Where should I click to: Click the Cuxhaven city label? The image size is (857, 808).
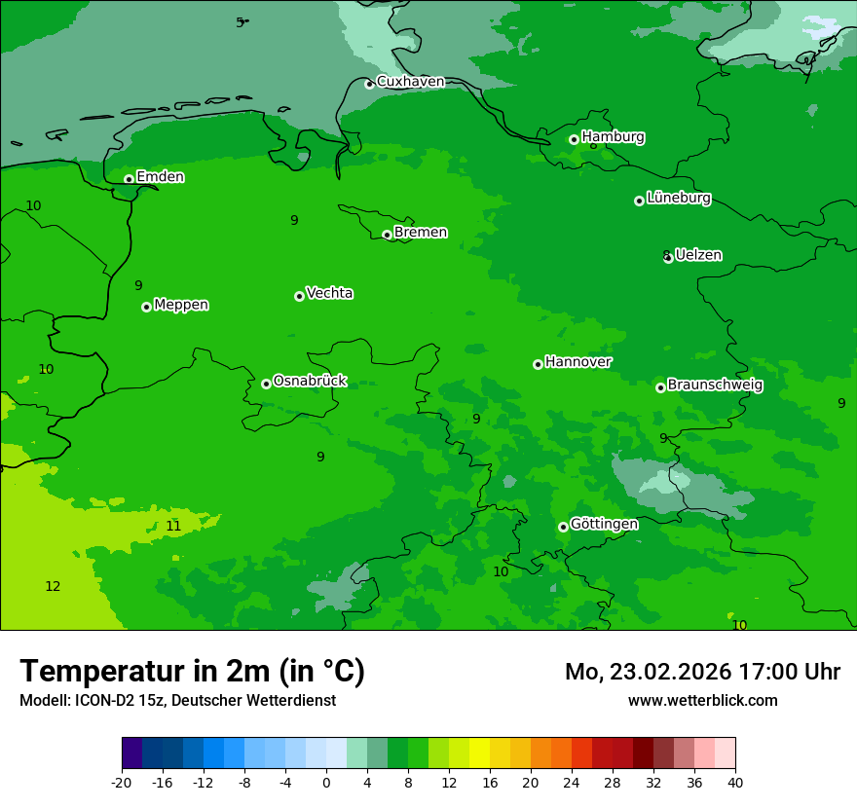coord(410,82)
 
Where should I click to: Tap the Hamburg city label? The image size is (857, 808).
coord(613,137)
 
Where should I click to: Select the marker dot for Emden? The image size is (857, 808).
coord(129,179)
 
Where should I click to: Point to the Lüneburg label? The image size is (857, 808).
coord(678,199)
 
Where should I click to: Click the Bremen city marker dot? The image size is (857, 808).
coord(387,235)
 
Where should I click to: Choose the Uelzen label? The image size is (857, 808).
coord(698,256)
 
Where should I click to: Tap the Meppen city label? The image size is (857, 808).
coord(181,306)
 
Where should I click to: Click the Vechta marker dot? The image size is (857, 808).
coord(299,296)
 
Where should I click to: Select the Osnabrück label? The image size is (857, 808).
coord(310,382)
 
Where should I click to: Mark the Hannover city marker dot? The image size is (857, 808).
coord(538,364)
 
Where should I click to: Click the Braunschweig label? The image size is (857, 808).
coord(715,386)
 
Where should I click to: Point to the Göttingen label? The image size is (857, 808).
coord(604,525)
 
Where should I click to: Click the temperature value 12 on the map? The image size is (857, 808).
coord(53,586)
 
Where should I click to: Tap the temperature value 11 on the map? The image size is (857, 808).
coord(173,527)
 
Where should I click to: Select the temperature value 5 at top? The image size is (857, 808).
coord(240,22)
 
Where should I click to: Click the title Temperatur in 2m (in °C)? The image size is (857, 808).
coord(192,671)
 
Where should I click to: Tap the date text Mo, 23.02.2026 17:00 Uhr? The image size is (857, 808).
coord(702,672)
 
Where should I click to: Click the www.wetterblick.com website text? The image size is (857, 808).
coord(702,700)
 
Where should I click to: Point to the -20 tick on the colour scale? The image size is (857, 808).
coord(122,782)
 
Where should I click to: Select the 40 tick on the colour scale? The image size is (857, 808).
coord(735,782)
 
